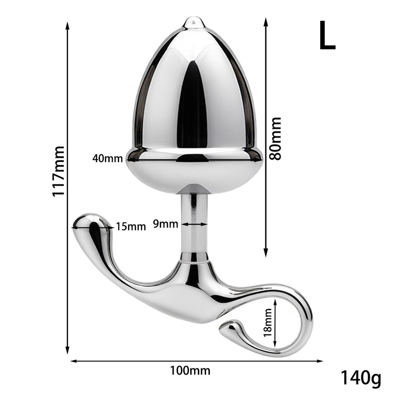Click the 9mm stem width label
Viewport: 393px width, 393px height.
pyautogui.click(x=166, y=224)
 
